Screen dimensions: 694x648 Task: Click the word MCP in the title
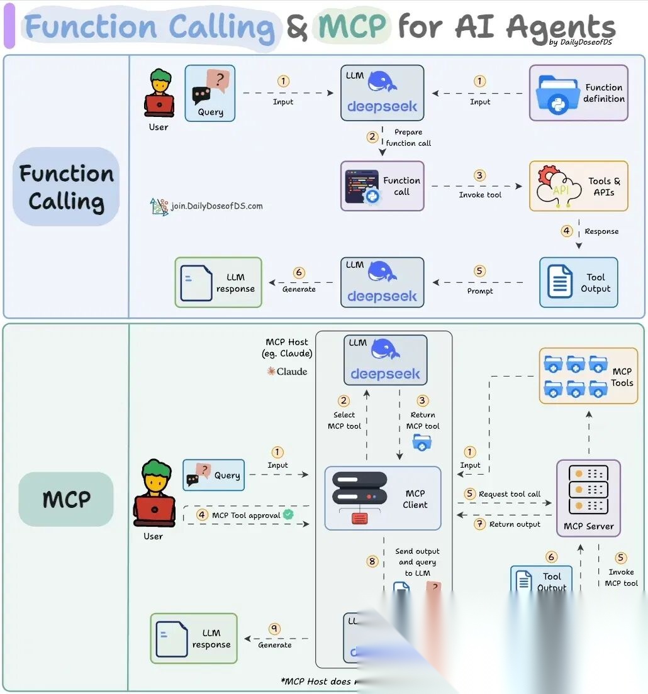(x=352, y=26)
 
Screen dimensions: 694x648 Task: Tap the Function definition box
(x=578, y=93)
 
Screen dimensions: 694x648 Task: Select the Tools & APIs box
(x=578, y=186)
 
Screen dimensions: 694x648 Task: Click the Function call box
(x=382, y=186)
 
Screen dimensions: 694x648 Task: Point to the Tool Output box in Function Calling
(x=578, y=282)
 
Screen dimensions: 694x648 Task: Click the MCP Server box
(x=588, y=498)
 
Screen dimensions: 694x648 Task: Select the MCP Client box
(x=383, y=498)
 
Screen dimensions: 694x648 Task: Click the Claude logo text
(x=288, y=372)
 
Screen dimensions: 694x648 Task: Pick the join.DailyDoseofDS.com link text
(x=216, y=206)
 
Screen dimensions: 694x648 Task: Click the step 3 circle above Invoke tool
(x=480, y=176)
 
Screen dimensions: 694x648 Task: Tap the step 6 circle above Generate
(x=299, y=273)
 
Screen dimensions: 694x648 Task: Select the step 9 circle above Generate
(x=274, y=629)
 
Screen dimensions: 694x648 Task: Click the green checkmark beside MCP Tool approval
(x=288, y=514)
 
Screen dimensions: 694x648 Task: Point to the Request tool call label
(x=509, y=494)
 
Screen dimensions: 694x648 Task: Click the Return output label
(x=514, y=524)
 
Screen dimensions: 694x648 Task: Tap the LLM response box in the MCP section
(x=194, y=639)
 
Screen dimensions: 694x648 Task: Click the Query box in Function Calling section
(x=209, y=93)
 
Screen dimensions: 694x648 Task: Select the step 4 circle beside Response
(x=567, y=231)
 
